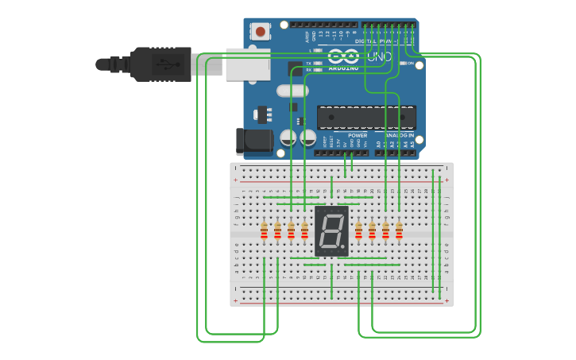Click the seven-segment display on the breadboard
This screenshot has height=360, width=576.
point(331,230)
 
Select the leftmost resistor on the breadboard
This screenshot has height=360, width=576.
point(264,230)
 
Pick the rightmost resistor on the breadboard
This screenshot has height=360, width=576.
point(399,230)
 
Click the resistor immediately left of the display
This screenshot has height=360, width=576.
point(304,230)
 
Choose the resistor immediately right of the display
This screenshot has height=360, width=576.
point(358,230)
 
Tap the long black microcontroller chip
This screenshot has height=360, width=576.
point(366,117)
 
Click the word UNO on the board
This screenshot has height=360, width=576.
point(379,57)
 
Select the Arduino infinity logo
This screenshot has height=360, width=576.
point(343,56)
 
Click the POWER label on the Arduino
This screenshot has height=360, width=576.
point(358,135)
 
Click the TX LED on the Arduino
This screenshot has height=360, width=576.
point(317,63)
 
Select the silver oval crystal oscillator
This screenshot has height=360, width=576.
point(292,91)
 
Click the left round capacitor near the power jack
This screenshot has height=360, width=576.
point(288,138)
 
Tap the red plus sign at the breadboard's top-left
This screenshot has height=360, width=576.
point(235,180)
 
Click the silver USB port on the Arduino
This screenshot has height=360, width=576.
point(246,64)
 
